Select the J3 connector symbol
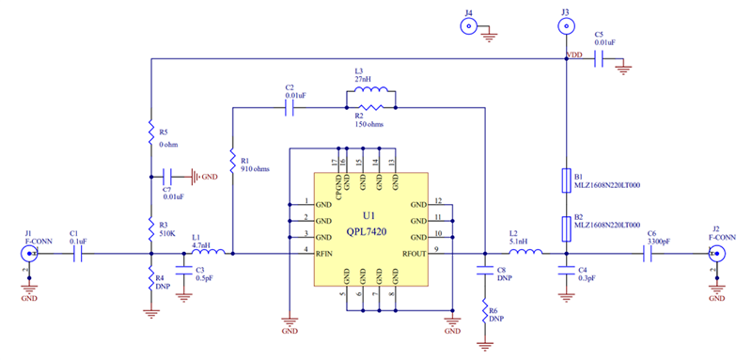coord(565,28)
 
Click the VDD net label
coord(576,56)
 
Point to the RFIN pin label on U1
coord(326,253)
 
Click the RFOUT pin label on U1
coord(415,253)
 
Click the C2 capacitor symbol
coord(290,108)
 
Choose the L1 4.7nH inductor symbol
coord(208,252)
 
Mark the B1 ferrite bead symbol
coord(566,180)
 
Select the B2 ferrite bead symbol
coord(566,226)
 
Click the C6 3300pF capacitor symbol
coord(649,253)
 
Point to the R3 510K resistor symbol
coord(150,226)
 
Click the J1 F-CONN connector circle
coord(30,253)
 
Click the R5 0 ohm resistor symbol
coord(150,132)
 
